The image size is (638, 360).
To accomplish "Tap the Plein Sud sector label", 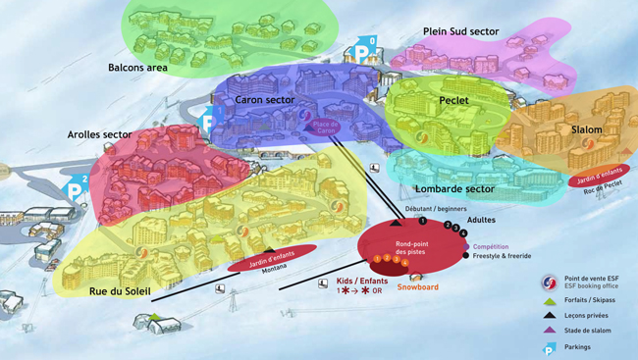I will [460, 31].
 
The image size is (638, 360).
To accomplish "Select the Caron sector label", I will [265, 99].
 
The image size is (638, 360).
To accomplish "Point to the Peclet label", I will [453, 100].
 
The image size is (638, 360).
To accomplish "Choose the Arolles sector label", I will [99, 134].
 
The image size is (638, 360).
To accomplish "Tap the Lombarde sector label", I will [454, 188].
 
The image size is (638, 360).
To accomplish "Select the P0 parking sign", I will [365, 48].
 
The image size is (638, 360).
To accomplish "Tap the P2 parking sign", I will [77, 186].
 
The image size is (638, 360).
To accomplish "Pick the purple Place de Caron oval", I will [325, 127].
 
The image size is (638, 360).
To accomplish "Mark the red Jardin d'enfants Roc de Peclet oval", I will [599, 177].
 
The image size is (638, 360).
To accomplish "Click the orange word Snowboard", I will [418, 287].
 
